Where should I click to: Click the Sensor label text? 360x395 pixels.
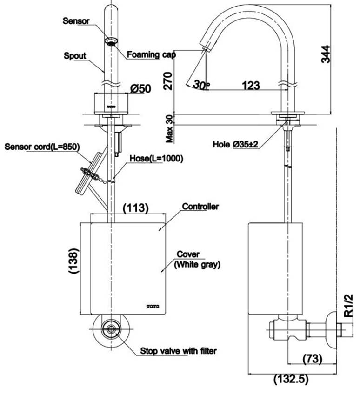coord(76,21)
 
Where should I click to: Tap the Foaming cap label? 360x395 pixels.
coord(151,54)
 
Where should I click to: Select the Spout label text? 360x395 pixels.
coord(75,56)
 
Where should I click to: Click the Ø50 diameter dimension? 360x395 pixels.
coord(141,89)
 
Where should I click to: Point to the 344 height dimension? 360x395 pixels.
coord(325,54)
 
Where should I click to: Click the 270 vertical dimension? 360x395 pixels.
coord(168,81)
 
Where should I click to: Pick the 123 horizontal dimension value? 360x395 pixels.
coord(251,86)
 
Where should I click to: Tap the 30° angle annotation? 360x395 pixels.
coord(201,85)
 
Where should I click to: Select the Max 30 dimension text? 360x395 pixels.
coord(170,129)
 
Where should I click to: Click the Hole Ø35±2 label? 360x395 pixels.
coord(235,144)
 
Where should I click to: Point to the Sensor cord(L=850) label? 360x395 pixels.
coord(42,147)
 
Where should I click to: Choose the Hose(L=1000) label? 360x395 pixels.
coord(156,159)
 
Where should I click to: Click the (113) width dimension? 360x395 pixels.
coord(136,208)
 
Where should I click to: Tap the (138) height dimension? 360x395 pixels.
coord(74,261)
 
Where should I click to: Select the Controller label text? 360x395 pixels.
coord(200,207)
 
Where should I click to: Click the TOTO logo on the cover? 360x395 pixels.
coord(153,307)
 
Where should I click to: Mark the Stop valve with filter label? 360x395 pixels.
coord(178,351)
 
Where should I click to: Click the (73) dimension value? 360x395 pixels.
coord(312,358)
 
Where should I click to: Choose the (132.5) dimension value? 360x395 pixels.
coord(291,379)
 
